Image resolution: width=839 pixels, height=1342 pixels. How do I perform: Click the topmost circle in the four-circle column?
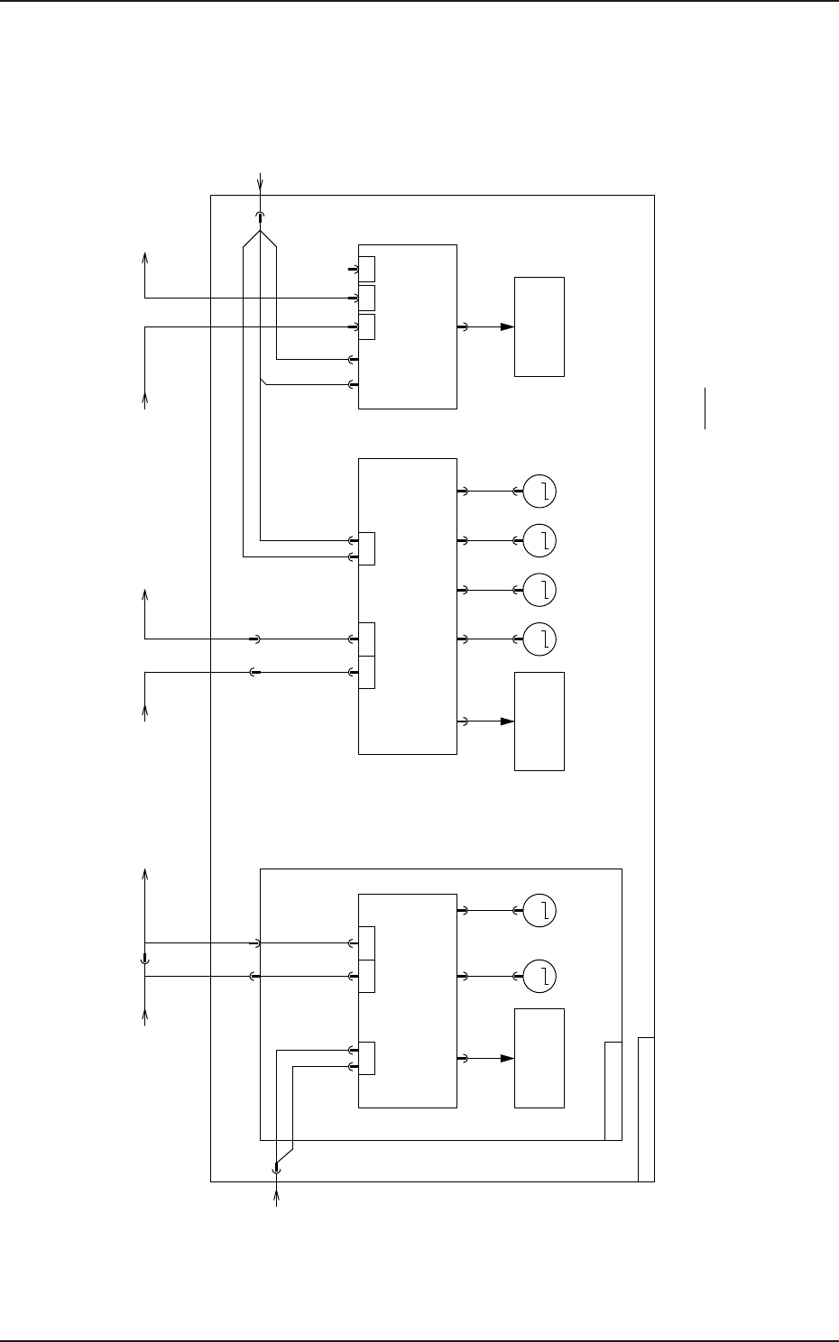tap(539, 492)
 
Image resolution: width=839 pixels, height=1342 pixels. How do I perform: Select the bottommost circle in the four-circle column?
tap(539, 639)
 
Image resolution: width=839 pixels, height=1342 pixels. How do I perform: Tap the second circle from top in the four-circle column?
tap(539, 540)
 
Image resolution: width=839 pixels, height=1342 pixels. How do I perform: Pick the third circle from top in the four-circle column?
tap(539, 590)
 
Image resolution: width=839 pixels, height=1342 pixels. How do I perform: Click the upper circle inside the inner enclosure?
tap(539, 911)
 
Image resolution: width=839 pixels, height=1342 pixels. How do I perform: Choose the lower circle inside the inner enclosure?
tap(539, 976)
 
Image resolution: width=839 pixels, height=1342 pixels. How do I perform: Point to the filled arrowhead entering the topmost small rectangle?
tap(508, 327)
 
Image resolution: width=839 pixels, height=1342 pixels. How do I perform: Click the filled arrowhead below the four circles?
tap(508, 722)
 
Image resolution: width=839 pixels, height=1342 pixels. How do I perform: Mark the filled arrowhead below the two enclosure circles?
tap(508, 1058)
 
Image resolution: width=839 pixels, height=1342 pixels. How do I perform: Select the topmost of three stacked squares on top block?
tap(367, 269)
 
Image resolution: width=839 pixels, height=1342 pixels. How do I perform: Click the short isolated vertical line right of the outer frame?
tap(706, 409)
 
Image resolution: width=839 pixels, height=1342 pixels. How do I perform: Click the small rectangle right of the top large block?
tap(539, 326)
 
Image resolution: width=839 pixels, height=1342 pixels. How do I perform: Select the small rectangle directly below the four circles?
tap(539, 721)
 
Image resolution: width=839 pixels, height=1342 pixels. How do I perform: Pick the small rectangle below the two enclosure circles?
tap(539, 1058)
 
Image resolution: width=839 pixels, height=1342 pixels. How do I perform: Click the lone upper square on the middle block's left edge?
tap(366, 548)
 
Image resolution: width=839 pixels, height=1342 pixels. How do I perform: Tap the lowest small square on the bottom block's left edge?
tap(366, 1058)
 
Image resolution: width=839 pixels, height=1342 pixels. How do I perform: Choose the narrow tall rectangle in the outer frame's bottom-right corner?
tap(646, 1109)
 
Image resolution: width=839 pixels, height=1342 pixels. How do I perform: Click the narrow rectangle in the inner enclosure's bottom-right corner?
tap(613, 1091)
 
